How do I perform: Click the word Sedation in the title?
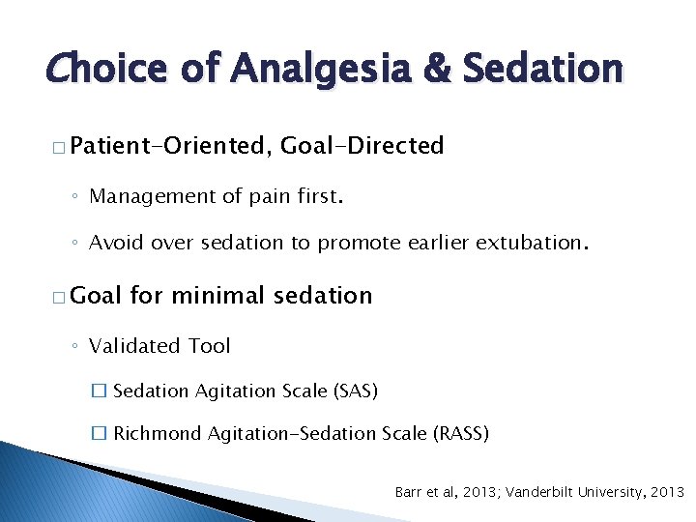tap(543, 69)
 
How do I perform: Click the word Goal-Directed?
tap(362, 146)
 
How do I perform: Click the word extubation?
tap(526, 243)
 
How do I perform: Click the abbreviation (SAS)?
tap(355, 391)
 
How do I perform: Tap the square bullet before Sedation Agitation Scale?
tap(97, 391)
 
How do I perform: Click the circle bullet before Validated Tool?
tap(76, 346)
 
